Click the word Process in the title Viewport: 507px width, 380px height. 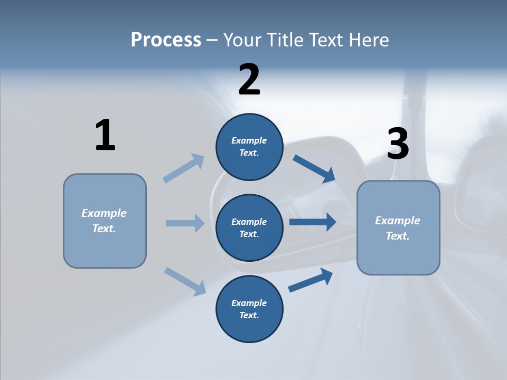(x=166, y=40)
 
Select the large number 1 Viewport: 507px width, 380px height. (x=105, y=135)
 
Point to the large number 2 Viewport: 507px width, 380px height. (x=249, y=80)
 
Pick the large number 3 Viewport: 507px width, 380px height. (x=398, y=144)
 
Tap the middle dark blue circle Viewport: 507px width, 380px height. (x=249, y=227)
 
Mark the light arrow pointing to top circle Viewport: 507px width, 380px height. (x=184, y=168)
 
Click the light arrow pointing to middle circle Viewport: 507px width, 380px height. (x=185, y=223)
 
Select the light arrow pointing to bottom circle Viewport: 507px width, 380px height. (x=185, y=281)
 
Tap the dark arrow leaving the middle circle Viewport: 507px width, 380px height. (x=312, y=222)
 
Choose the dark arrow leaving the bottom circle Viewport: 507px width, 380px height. (x=311, y=280)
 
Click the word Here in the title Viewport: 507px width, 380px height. (x=368, y=40)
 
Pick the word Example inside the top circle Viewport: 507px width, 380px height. (x=249, y=140)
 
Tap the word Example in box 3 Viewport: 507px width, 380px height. (x=398, y=221)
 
